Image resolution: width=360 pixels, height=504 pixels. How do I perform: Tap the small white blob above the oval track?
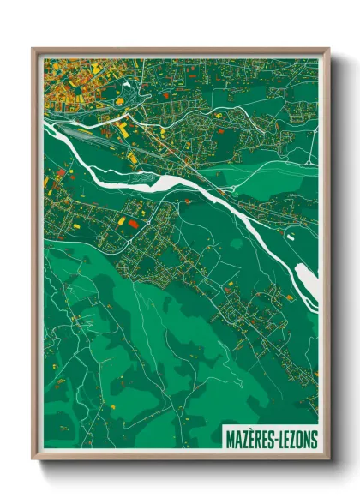[x=128, y=85]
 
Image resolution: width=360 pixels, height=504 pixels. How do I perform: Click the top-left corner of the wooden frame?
[x=33, y=50]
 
